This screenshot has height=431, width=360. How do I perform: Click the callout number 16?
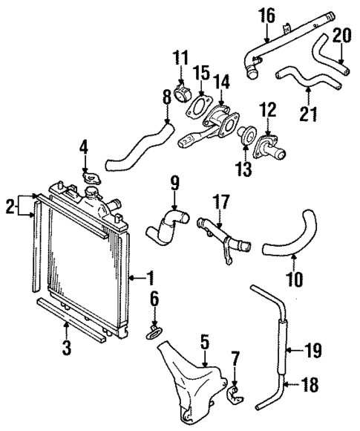point(266,14)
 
